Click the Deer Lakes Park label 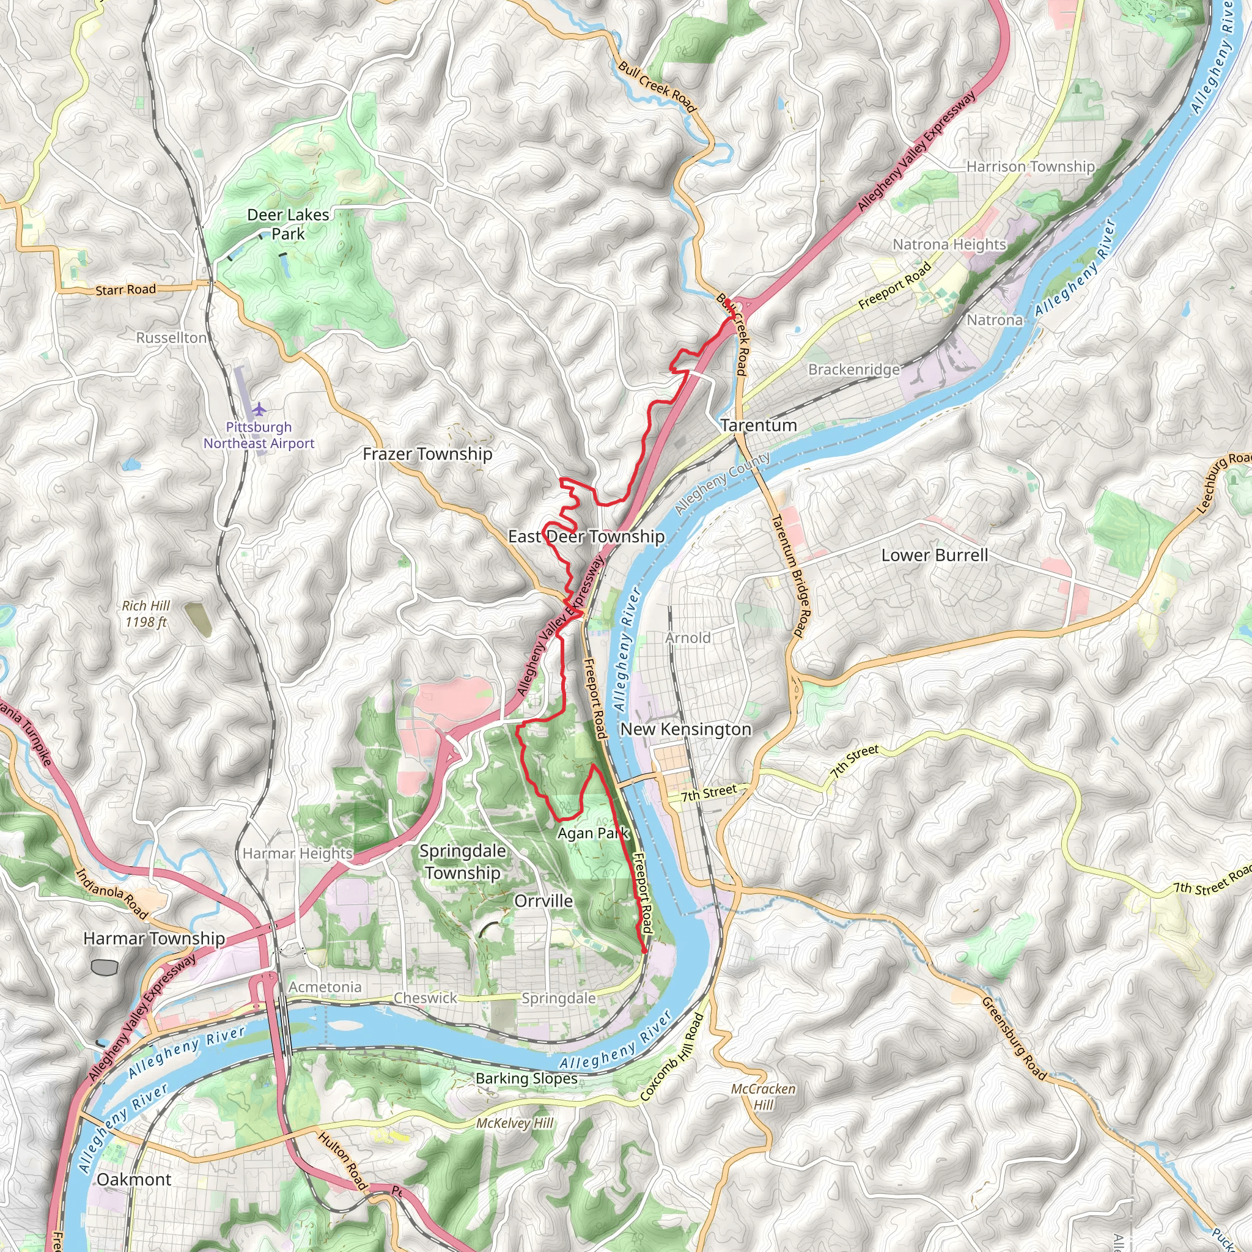[x=288, y=224]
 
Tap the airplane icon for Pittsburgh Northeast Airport [x=259, y=409]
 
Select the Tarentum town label [x=758, y=425]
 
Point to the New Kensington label [x=686, y=729]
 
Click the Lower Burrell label [x=934, y=555]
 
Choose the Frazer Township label [x=427, y=454]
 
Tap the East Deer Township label [x=586, y=537]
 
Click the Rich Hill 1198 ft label [x=146, y=614]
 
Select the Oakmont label [x=134, y=1179]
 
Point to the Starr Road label [x=126, y=290]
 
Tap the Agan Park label [x=593, y=833]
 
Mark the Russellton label [x=171, y=337]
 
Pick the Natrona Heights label [x=949, y=245]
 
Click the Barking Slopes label [x=526, y=1078]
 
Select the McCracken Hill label [x=763, y=1097]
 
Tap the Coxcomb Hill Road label [x=671, y=1057]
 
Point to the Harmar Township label [x=154, y=938]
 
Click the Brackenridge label [x=853, y=369]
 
